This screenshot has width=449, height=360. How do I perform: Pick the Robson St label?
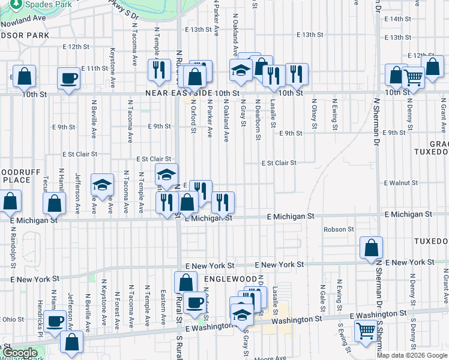(339, 229)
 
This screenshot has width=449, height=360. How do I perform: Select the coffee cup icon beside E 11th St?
(68, 78)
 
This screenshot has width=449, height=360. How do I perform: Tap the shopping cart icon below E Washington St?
(366, 330)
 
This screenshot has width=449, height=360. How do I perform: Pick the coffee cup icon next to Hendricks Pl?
(56, 322)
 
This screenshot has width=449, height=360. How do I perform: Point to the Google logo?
(19, 353)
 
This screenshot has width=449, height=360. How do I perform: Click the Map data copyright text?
(412, 355)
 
